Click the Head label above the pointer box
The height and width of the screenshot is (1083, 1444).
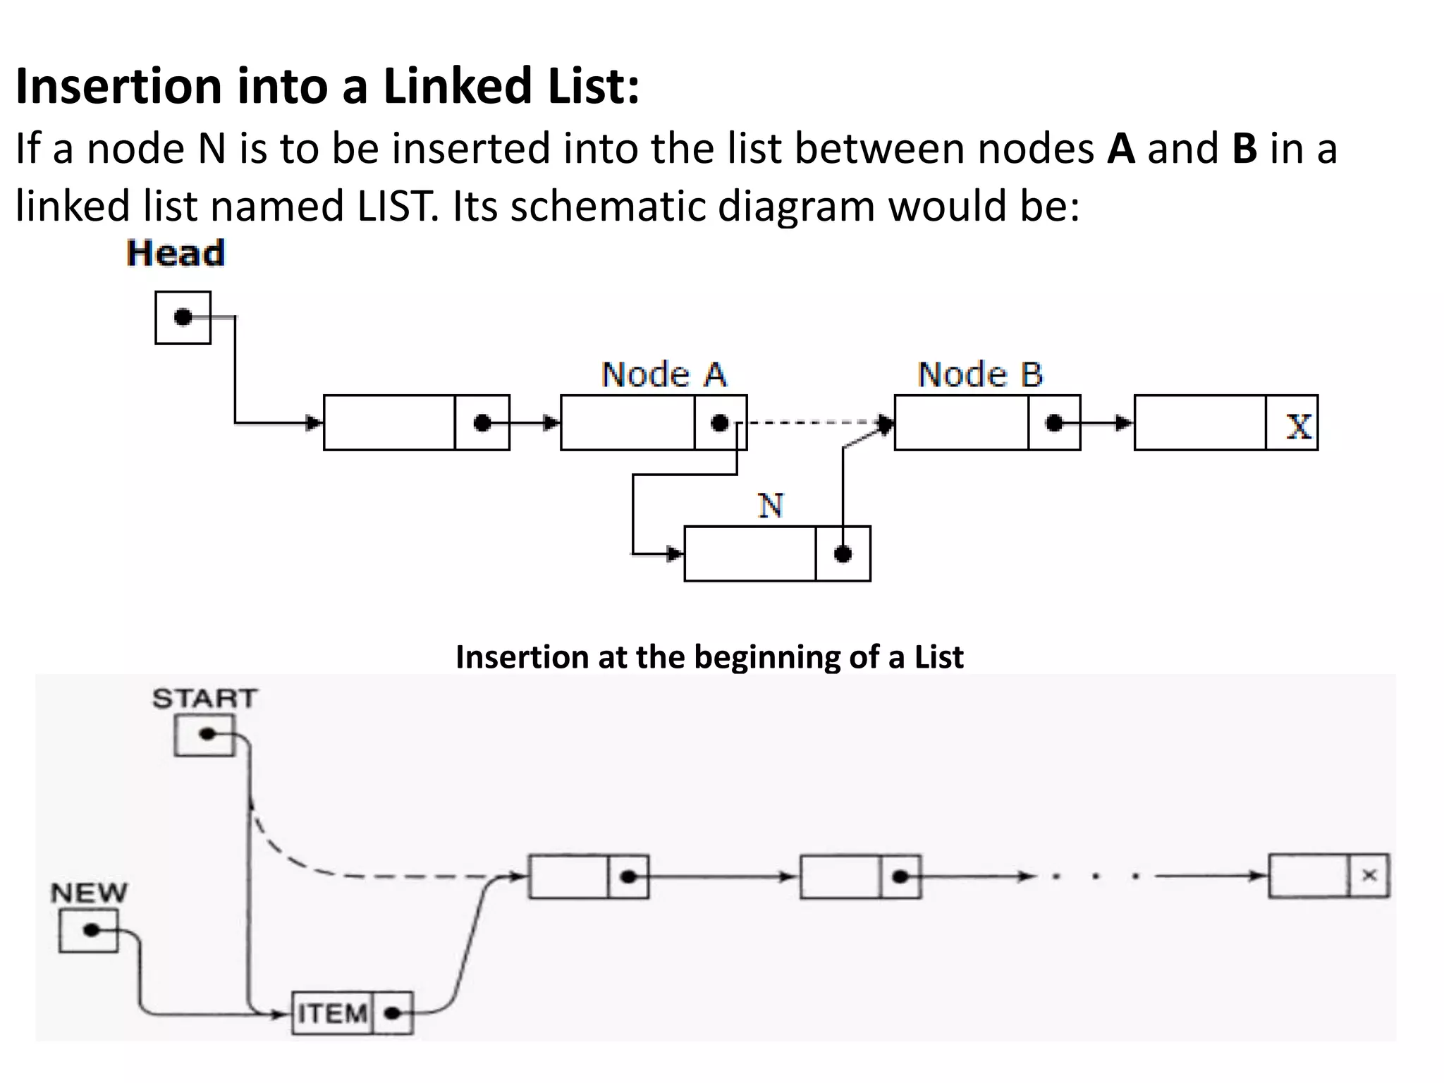point(176,253)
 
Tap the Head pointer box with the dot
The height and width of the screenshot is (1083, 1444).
point(183,317)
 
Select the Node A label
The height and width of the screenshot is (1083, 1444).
point(663,374)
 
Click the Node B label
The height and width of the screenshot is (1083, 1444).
point(980,374)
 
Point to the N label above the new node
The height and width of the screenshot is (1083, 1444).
point(770,506)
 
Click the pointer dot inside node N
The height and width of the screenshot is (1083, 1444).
point(843,553)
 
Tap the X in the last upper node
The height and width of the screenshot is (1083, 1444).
point(1298,425)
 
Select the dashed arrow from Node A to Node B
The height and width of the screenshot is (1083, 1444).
point(811,422)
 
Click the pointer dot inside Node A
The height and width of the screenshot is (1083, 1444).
point(719,423)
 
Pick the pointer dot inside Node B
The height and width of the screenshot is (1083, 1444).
point(1054,423)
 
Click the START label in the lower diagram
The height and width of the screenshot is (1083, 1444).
point(204,699)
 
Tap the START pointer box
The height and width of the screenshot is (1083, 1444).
point(204,735)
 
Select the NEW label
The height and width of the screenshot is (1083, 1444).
point(89,893)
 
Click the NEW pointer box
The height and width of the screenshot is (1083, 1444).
point(88,931)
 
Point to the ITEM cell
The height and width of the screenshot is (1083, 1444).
point(332,1014)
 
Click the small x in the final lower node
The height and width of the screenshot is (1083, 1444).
point(1369,876)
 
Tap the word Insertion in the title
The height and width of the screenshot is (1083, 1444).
point(118,86)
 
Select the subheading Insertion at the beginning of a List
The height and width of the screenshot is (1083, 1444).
point(709,657)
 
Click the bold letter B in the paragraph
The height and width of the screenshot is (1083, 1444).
point(1244,149)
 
